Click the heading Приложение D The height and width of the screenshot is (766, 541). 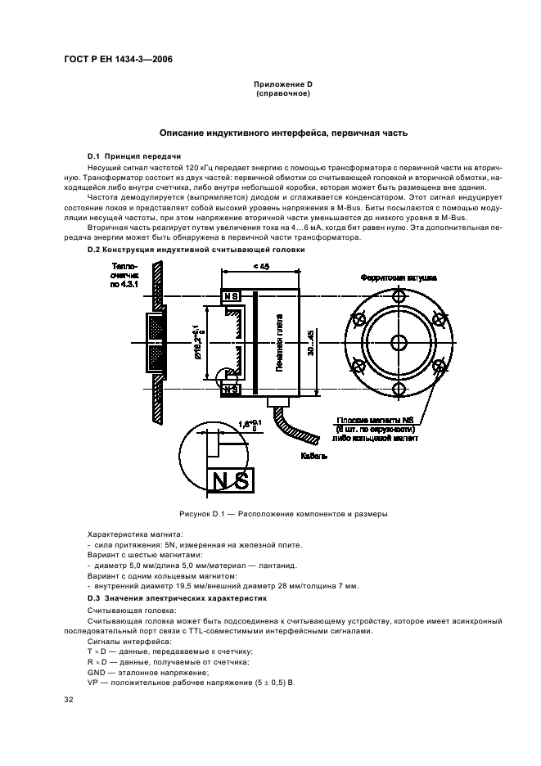click(x=282, y=84)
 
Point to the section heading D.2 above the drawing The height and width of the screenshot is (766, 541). click(x=196, y=250)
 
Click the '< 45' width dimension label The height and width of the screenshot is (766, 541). click(x=261, y=266)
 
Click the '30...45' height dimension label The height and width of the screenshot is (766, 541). click(x=309, y=343)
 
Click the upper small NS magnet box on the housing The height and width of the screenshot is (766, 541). click(x=231, y=295)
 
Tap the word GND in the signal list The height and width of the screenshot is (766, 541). click(x=97, y=671)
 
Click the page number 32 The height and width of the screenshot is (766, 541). click(x=70, y=699)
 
